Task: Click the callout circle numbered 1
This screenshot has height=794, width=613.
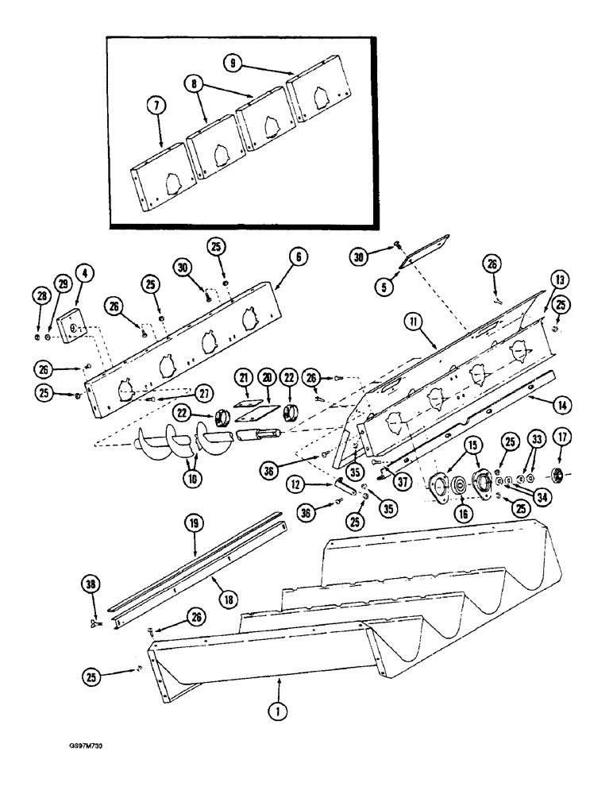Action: pos(278,711)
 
